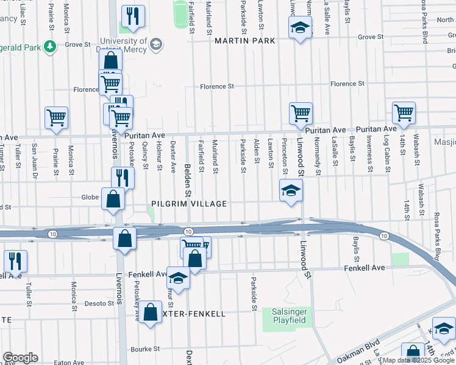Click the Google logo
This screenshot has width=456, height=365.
click(20, 358)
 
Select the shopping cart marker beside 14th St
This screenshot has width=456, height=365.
click(404, 113)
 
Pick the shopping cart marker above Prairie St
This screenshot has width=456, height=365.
click(56, 117)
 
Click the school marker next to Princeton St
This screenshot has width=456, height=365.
click(291, 190)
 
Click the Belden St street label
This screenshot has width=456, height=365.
click(188, 182)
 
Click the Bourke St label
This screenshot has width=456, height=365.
click(145, 349)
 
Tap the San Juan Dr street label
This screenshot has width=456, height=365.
click(35, 167)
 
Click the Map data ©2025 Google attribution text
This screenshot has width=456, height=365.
click(417, 360)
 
